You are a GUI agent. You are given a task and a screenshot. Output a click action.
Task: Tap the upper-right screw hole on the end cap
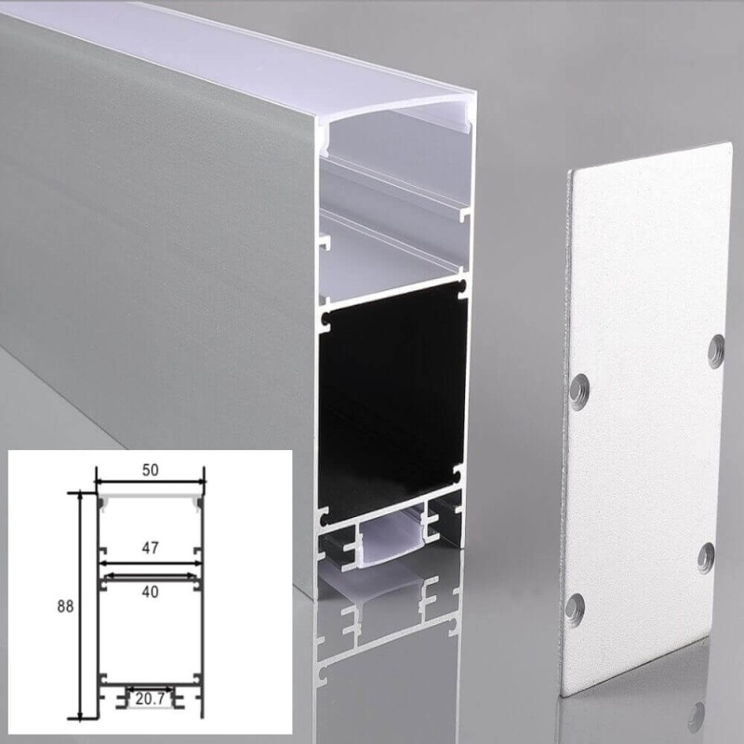[716, 351]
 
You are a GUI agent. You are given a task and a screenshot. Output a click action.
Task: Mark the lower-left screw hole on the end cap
[577, 605]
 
